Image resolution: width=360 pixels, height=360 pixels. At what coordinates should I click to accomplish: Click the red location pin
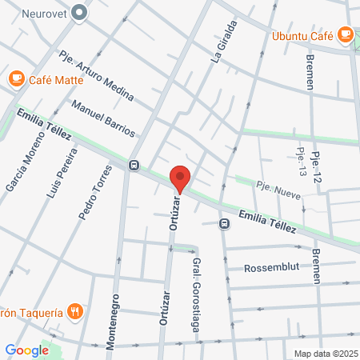point(180,178)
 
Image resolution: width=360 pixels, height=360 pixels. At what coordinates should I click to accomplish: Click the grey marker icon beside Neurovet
point(79,12)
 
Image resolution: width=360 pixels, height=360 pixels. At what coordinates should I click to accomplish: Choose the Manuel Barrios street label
point(103,118)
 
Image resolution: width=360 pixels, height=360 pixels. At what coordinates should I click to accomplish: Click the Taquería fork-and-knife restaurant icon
point(74,311)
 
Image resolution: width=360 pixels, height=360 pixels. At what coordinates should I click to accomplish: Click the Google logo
point(26,350)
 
